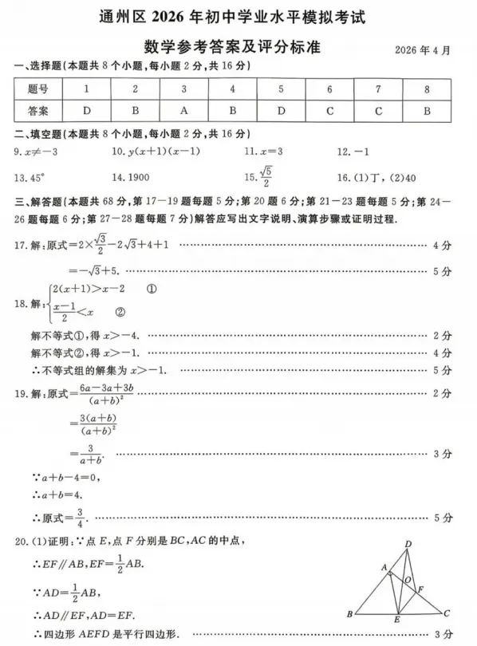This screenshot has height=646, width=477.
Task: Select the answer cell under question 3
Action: [x=183, y=111]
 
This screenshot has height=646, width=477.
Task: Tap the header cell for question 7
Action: [x=378, y=89]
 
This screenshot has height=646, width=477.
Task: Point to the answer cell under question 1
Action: [x=86, y=111]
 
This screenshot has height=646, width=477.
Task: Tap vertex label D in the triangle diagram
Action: [x=408, y=545]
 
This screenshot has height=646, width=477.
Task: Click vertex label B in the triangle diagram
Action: [x=349, y=614]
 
